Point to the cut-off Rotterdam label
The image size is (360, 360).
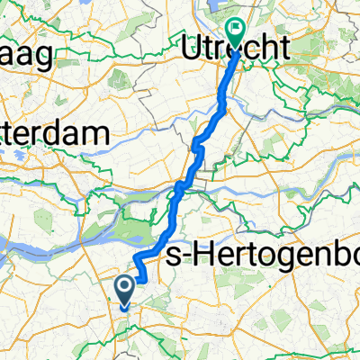coord(54,134)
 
